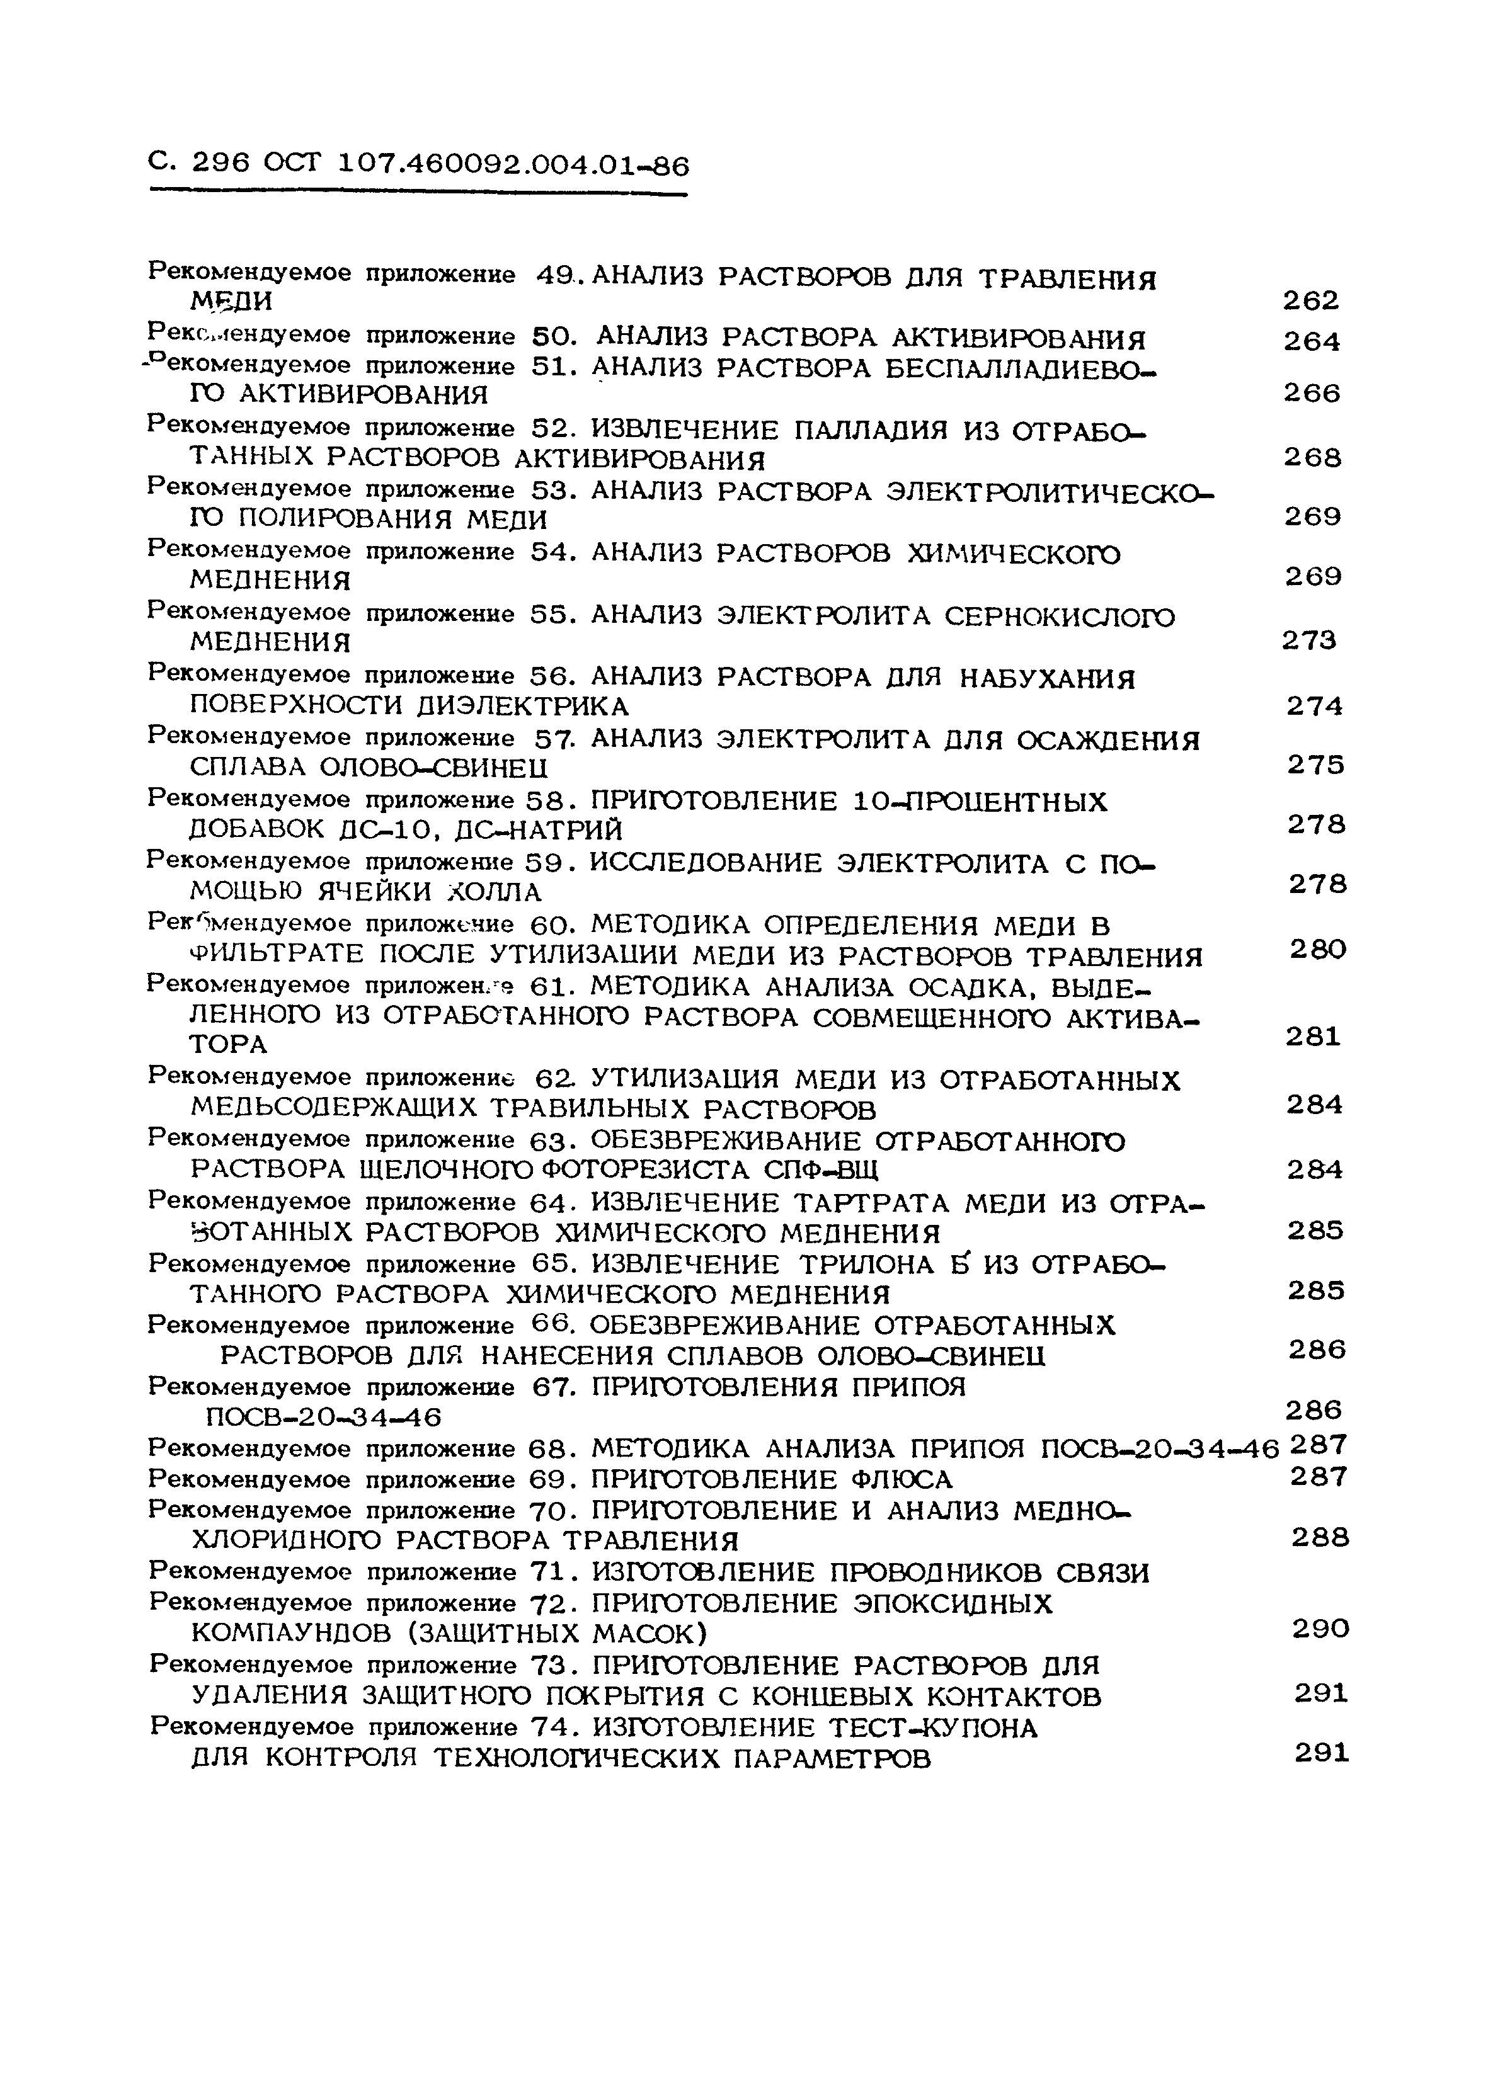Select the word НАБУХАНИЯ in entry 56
pos(1046,679)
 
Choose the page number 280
pos(1317,950)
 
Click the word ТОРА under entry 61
pos(228,1044)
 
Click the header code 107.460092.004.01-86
pos(513,165)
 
